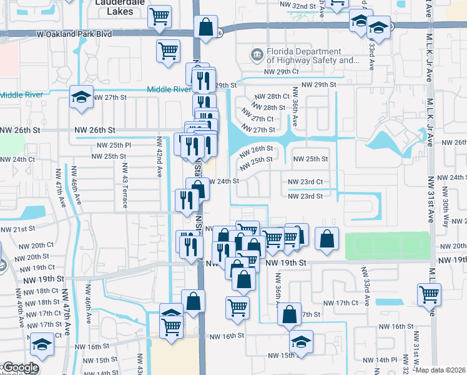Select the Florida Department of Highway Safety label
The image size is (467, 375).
pyautogui.click(x=313, y=56)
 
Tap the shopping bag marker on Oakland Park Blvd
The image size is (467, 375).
pyautogui.click(x=205, y=27)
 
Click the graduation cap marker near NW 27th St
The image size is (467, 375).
pyautogui.click(x=81, y=97)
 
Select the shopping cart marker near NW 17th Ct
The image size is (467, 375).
pyautogui.click(x=430, y=294)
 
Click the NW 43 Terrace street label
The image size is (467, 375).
pyautogui.click(x=125, y=177)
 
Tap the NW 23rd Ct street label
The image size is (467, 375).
pyautogui.click(x=305, y=182)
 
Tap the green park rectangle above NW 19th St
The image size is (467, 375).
pyautogui.click(x=388, y=245)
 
